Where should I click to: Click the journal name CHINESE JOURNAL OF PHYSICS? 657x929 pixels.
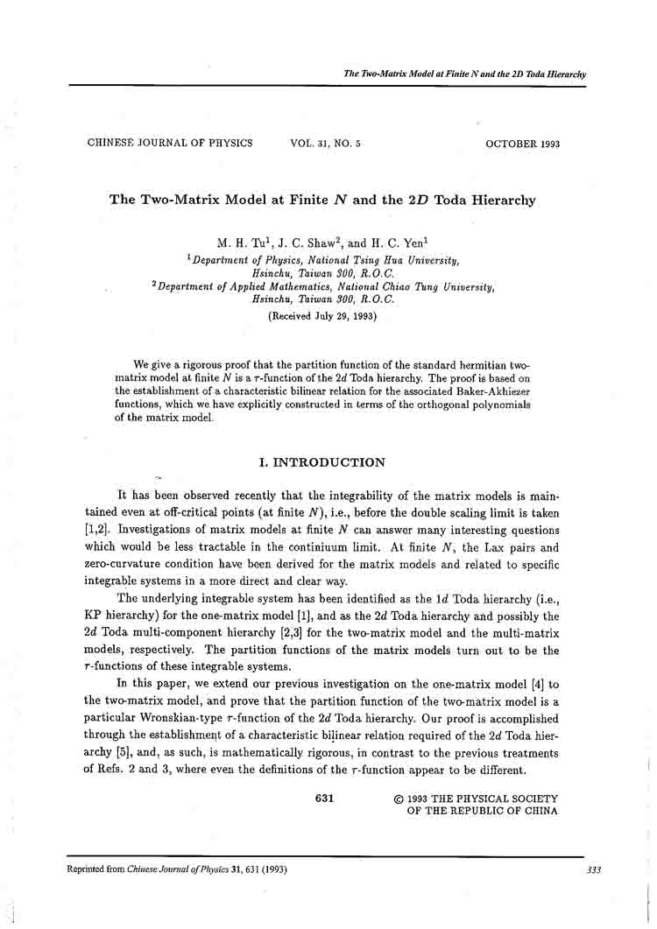point(170,143)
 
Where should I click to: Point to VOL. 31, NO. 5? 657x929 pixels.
point(324,143)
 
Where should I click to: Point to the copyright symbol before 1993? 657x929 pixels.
point(399,799)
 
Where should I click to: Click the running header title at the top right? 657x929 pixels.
point(465,74)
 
